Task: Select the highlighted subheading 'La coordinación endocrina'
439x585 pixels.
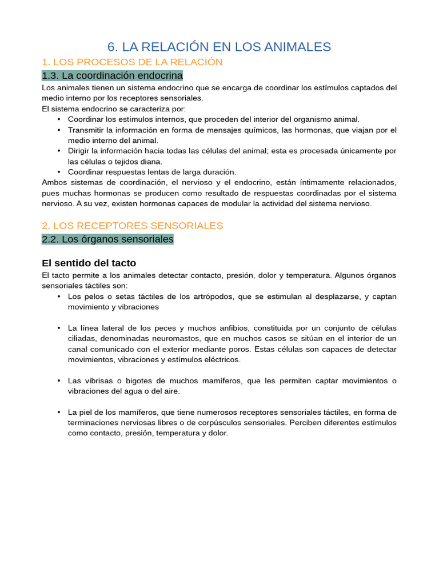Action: [113, 75]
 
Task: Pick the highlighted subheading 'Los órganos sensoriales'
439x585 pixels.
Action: [108, 239]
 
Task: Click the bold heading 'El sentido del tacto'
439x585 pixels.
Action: [89, 263]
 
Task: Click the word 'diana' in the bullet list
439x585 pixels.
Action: [150, 161]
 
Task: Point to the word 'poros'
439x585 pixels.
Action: [240, 349]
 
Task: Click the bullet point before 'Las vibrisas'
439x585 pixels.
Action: [59, 380]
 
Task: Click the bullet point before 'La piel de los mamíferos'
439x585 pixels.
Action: [59, 412]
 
